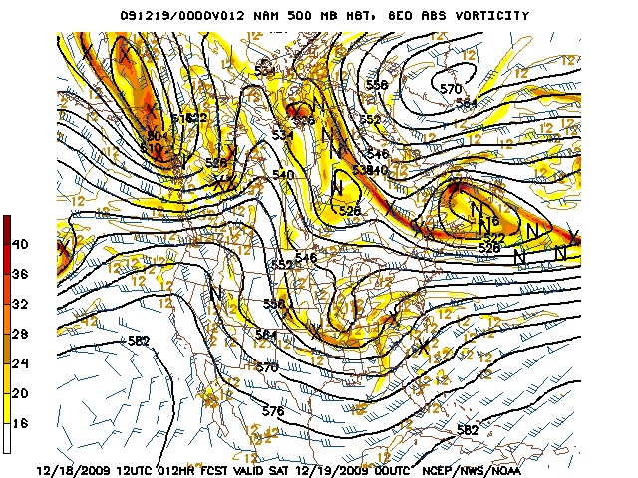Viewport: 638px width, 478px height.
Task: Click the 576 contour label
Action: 273,410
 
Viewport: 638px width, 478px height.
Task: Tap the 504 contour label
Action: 156,136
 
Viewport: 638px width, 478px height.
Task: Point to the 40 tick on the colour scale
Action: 21,244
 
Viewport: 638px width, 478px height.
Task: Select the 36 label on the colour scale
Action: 21,274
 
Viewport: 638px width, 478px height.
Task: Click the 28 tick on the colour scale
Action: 21,332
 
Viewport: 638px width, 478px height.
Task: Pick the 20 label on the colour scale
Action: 21,393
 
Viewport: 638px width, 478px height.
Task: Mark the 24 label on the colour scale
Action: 21,363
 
